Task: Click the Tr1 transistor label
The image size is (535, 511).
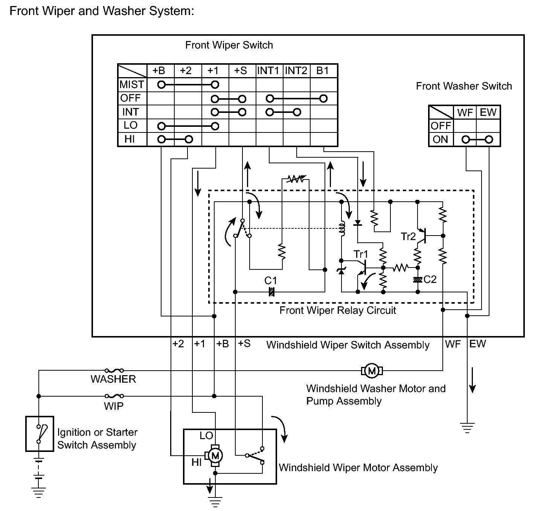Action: point(361,254)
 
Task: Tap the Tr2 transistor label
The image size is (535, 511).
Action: point(408,236)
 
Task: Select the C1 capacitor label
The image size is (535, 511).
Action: point(271,281)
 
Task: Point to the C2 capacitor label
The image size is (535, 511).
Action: point(430,279)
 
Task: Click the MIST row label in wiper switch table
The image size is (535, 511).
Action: point(132,84)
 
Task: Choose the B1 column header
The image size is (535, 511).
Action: point(323,71)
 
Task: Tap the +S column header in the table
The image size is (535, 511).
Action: point(241,71)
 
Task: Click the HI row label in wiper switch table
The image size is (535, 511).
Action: point(130,139)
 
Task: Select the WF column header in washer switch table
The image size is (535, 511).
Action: point(465,113)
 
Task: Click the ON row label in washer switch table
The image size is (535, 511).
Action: point(440,140)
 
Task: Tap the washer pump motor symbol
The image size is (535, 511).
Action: point(372,371)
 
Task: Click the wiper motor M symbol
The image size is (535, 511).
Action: point(215,456)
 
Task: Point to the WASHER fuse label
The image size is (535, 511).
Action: point(113,379)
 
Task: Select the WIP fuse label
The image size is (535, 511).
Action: point(114,406)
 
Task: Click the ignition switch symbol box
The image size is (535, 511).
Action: point(40,433)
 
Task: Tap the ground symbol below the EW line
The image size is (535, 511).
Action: point(467,427)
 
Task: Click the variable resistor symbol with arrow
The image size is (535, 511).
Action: point(296,179)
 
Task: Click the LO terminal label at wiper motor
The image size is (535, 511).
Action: point(206,436)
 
